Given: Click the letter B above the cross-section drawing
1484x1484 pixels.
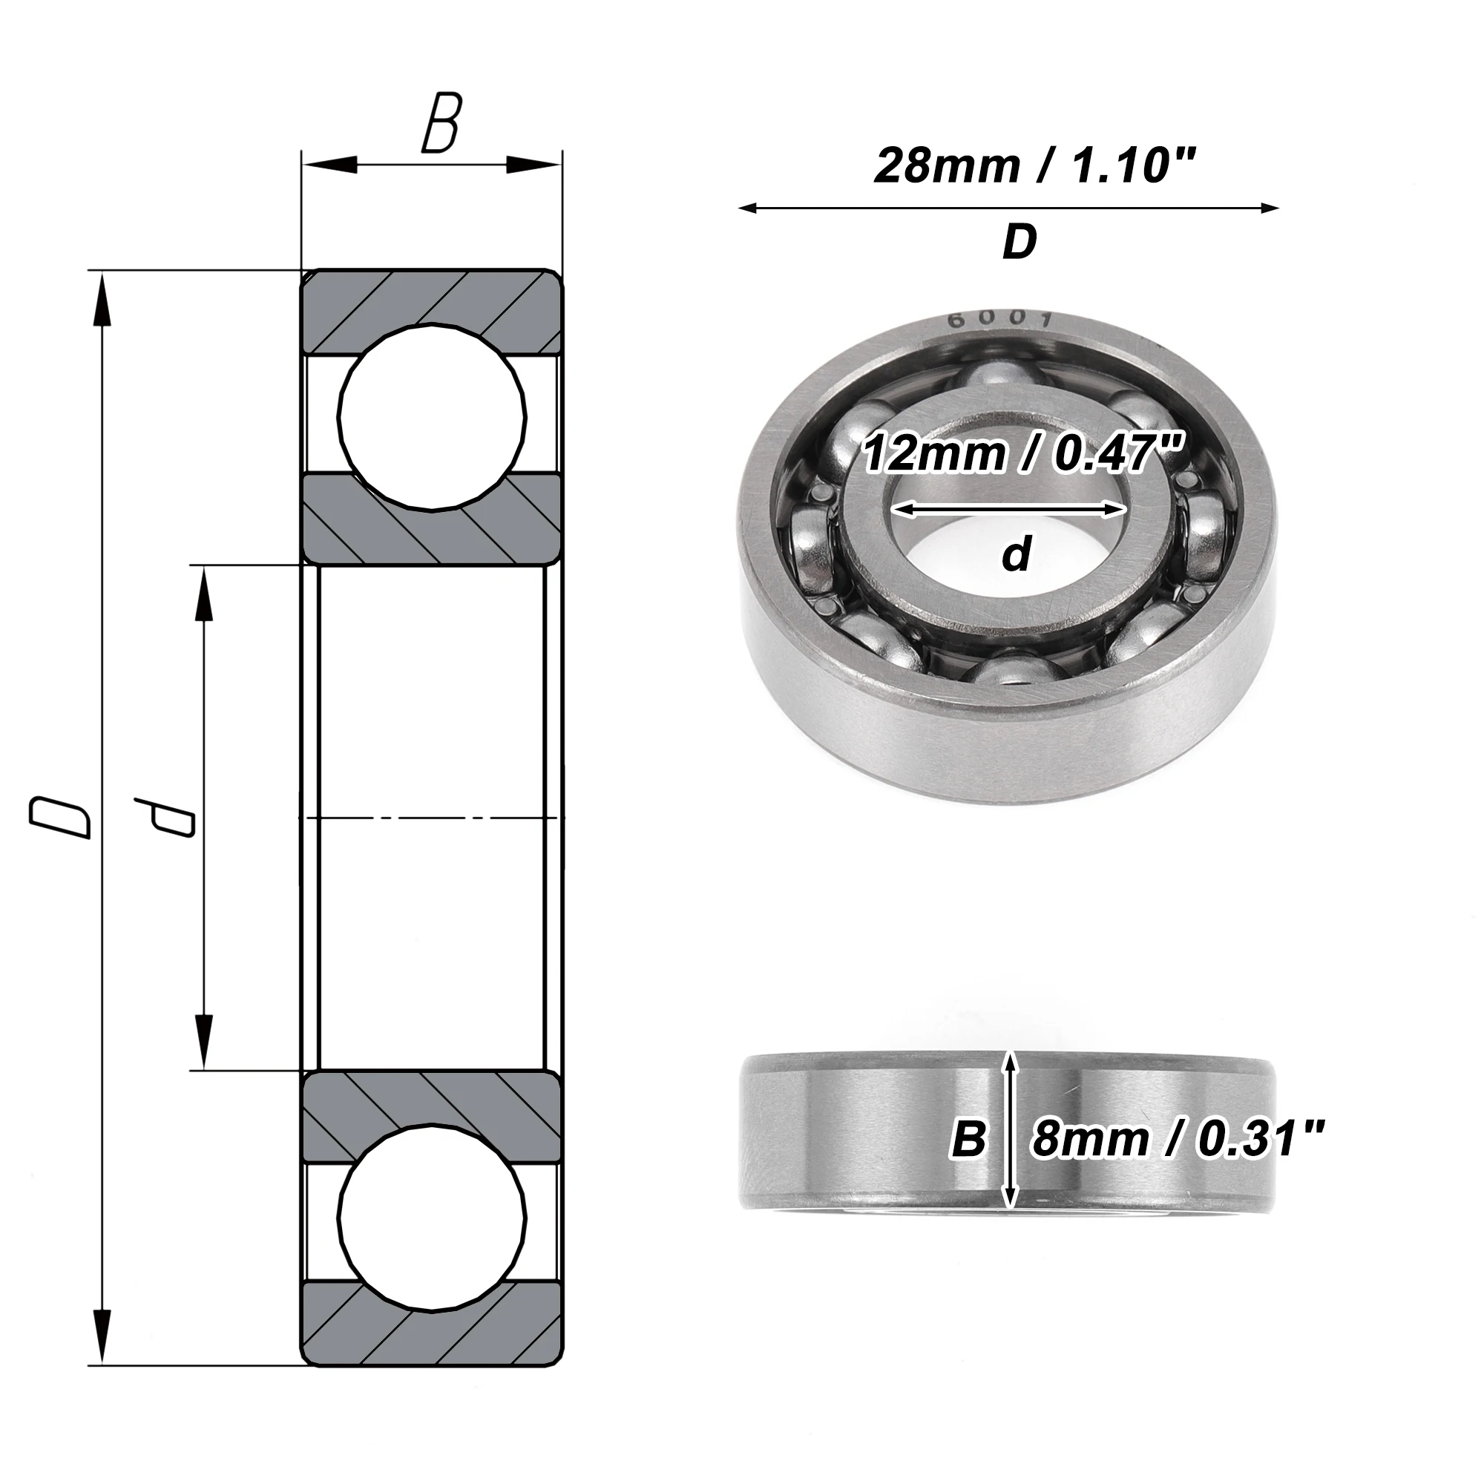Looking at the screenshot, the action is [x=441, y=123].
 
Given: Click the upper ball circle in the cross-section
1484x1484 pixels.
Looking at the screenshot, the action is [x=433, y=417].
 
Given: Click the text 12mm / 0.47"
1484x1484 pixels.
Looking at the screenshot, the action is [x=1017, y=453].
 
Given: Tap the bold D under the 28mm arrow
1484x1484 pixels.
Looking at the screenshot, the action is [x=1020, y=243].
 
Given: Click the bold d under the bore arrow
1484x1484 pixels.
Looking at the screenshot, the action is [x=1017, y=554].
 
